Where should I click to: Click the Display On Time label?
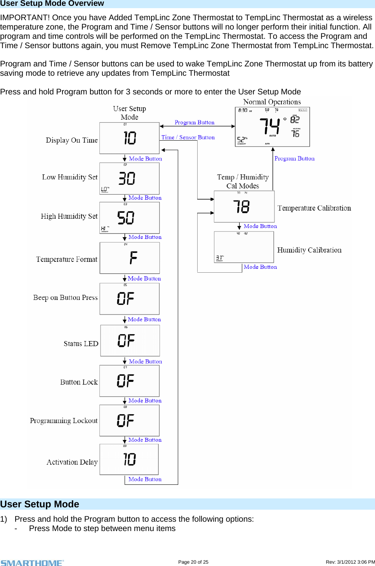point(71,140)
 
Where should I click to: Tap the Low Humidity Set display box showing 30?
point(129,178)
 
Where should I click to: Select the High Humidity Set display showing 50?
point(129,218)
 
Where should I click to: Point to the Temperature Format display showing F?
point(130,258)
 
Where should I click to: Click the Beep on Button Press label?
point(65,298)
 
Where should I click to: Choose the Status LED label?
point(81,344)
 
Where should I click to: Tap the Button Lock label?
point(79,382)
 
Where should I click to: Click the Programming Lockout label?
point(64,421)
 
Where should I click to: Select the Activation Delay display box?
point(129,460)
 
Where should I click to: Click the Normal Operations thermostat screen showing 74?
point(272,127)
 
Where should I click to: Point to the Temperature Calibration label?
point(314,208)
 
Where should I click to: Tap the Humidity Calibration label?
point(309,250)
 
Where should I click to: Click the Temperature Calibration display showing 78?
point(244,207)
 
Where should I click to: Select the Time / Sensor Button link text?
point(188,138)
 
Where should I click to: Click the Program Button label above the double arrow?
point(194,122)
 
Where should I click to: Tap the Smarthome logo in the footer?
point(32,563)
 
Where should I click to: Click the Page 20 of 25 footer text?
point(193,562)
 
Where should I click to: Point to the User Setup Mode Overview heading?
point(52,3)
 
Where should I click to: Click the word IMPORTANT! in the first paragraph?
point(25,17)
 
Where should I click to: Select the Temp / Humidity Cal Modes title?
point(243,181)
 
